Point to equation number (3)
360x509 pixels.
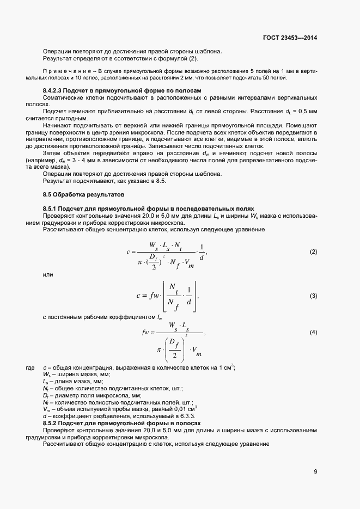point(313,296)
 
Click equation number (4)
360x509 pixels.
point(313,332)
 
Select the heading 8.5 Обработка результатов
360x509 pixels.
point(84,194)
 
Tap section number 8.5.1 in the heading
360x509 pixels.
point(53,209)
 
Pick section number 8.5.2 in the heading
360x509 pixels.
point(53,423)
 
